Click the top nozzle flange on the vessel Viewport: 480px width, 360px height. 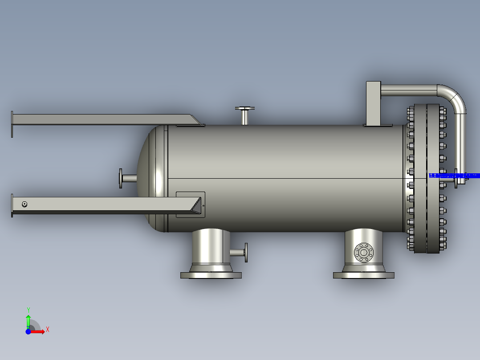(x=245, y=108)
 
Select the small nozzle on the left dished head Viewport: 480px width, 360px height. (x=127, y=178)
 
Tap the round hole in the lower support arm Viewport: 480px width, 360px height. (x=24, y=204)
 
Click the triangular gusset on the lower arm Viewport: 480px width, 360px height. (x=196, y=206)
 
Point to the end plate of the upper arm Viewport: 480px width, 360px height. (x=12, y=124)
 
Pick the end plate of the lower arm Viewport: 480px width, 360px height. (x=12, y=205)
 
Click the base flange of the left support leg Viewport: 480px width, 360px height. (x=211, y=275)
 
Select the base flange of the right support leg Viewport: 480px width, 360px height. (x=363, y=275)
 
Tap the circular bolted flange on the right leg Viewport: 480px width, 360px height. (x=364, y=253)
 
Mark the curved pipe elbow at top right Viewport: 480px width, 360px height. (x=455, y=96)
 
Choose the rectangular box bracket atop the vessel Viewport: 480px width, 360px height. (x=374, y=103)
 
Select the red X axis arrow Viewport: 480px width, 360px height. (x=38, y=331)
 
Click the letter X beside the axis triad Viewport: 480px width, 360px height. (x=47, y=329)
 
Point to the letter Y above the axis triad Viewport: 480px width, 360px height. (x=28, y=310)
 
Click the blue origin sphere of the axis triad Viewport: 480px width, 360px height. (x=28, y=331)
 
